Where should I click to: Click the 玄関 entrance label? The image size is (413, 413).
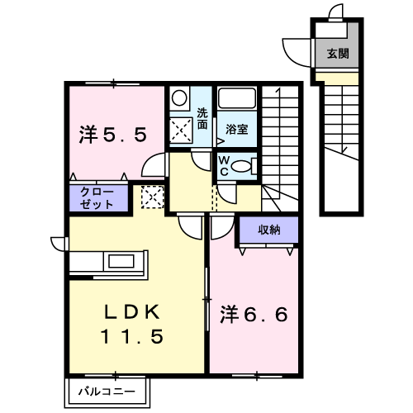pos(338,54)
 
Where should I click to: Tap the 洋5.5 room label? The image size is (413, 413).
pos(113,135)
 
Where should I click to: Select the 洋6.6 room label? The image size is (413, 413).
pos(254,315)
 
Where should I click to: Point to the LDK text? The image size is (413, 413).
pos(131,312)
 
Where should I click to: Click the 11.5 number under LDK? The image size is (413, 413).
pos(132,336)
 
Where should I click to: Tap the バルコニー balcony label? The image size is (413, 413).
pos(107,392)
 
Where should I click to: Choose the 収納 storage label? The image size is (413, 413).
pos(269,230)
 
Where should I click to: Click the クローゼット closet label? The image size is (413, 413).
pos(97,198)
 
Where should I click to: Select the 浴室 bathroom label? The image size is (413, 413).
pos(237,129)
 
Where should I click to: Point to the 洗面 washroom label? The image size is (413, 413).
pos(202,119)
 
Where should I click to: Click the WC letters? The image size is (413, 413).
pos(224,166)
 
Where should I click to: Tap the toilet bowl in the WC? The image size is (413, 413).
pos(241,166)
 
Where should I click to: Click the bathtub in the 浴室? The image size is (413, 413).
pos(237,98)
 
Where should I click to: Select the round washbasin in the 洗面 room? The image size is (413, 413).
pos(179,98)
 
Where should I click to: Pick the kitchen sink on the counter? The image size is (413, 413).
pos(121,261)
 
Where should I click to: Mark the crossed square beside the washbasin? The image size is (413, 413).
pos(181,130)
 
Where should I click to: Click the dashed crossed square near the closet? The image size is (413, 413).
pos(153,197)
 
